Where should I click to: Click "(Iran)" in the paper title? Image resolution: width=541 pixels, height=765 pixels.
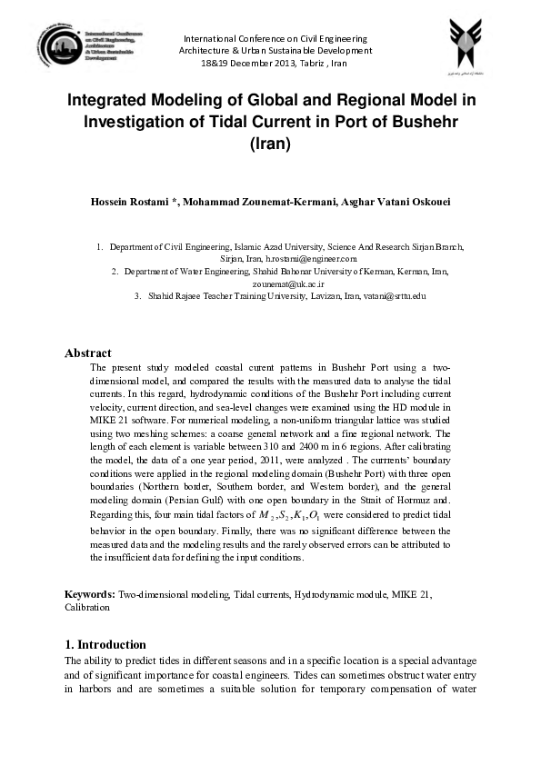coord(269,143)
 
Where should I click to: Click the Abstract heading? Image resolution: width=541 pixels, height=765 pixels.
coord(88,353)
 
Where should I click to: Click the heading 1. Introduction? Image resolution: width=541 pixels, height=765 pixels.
coord(105,644)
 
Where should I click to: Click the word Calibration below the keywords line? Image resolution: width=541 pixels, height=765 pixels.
coord(87,607)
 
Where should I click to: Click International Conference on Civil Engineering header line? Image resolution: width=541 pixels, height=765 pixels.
coord(276,39)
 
